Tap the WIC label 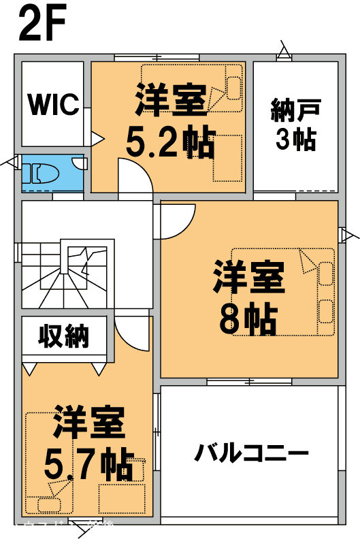(52, 105)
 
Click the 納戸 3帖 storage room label (295, 124)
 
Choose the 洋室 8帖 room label (248, 299)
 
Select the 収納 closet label (64, 336)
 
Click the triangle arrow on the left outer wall (12, 162)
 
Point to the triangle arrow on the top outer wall (284, 51)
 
